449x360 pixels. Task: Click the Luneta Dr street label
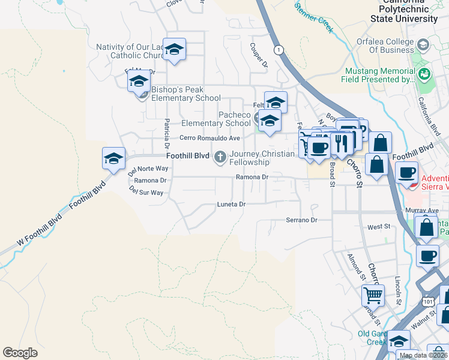pyautogui.click(x=231, y=205)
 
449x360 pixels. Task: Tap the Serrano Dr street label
pyautogui.click(x=301, y=220)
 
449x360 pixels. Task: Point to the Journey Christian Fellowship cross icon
pyautogui.click(x=220, y=158)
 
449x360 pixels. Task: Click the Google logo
pyautogui.click(x=20, y=353)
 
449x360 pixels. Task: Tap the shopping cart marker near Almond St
pyautogui.click(x=373, y=295)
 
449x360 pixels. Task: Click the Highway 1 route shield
pyautogui.click(x=279, y=50)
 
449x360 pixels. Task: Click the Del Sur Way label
pyautogui.click(x=146, y=193)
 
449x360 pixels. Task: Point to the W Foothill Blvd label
pyautogui.click(x=39, y=230)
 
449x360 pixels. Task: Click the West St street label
pyautogui.click(x=379, y=227)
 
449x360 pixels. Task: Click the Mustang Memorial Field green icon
pyautogui.click(x=425, y=74)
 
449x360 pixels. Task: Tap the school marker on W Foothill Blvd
pyautogui.click(x=113, y=158)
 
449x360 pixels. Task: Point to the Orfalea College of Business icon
pyautogui.click(x=423, y=46)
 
